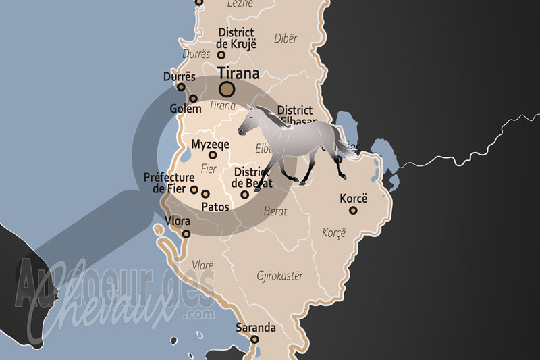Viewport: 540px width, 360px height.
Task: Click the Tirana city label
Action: pos(240,73)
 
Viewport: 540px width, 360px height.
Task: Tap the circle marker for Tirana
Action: pos(227,88)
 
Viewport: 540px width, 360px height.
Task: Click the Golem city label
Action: pos(186,109)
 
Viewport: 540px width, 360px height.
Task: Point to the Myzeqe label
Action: pos(211,144)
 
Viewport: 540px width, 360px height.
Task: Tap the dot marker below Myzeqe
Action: pos(213,155)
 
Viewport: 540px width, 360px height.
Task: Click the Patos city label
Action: pos(215,207)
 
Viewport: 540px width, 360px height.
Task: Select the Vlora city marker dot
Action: pos(186,234)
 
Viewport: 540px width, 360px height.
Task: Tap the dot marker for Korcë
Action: pos(352,211)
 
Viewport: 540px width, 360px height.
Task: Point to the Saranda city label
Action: pos(256,328)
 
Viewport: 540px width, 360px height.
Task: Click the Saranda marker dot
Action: pos(255,339)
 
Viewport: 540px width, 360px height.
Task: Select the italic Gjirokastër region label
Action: pos(280,276)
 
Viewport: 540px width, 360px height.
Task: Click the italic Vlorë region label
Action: pos(203,265)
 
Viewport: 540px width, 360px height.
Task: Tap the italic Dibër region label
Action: pos(286,38)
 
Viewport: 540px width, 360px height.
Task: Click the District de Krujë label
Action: pos(236,38)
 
